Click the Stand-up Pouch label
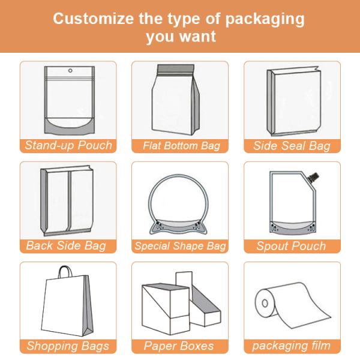[x=68, y=146]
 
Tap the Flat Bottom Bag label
[x=181, y=146]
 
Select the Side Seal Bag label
[x=292, y=146]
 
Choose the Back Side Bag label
[x=66, y=245]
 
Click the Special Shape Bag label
[x=180, y=245]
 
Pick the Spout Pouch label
[x=291, y=245]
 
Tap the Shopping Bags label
[x=68, y=346]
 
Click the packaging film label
[x=291, y=346]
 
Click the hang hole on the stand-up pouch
[x=70, y=71]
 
